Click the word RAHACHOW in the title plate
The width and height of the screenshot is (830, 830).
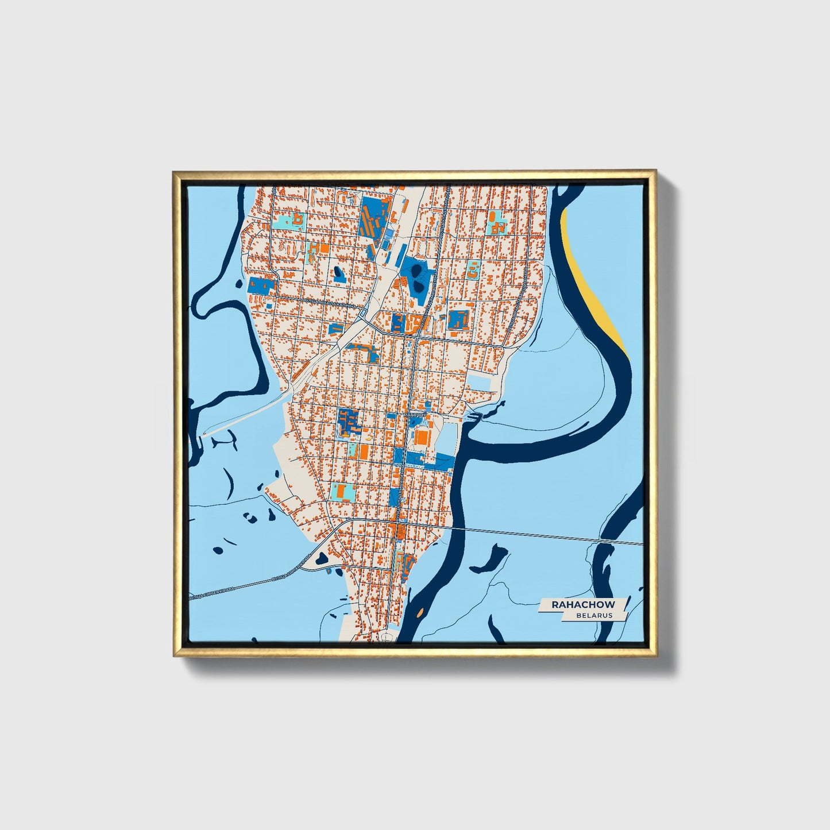(x=583, y=604)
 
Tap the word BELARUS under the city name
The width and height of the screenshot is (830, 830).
(x=594, y=615)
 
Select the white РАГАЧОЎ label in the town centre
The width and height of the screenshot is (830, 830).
(x=414, y=414)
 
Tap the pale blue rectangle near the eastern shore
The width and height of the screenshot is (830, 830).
(x=480, y=382)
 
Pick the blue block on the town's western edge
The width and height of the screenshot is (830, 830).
(x=261, y=286)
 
